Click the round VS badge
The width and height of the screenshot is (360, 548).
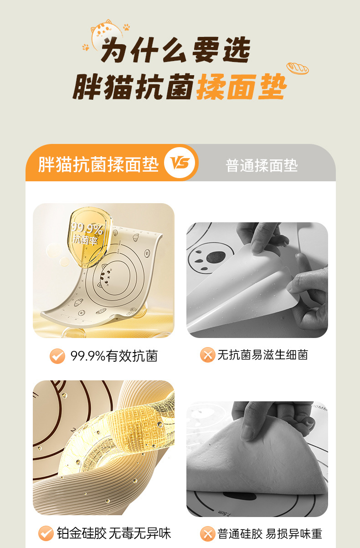[x=180, y=163]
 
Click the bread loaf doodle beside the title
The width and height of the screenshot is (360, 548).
[x=298, y=68]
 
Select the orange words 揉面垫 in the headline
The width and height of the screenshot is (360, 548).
[x=242, y=87]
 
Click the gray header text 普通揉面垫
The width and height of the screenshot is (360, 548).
[x=262, y=165]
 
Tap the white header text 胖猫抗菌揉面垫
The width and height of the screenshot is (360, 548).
[x=98, y=164]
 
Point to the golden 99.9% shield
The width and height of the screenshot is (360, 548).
[x=90, y=236]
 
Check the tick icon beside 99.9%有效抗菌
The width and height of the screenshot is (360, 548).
[x=57, y=356]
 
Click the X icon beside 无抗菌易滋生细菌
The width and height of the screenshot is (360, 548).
[x=207, y=355]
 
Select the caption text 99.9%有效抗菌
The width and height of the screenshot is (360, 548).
[x=114, y=356]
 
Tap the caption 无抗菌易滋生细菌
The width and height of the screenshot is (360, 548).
[x=262, y=355]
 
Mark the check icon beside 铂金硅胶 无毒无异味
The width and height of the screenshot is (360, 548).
[x=46, y=533]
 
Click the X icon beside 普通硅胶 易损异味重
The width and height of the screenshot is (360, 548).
[x=207, y=533]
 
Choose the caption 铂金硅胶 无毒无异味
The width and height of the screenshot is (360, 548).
[x=114, y=533]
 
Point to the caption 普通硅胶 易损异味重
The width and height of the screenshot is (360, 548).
[x=270, y=534]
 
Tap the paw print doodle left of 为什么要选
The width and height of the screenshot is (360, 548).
[x=86, y=47]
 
